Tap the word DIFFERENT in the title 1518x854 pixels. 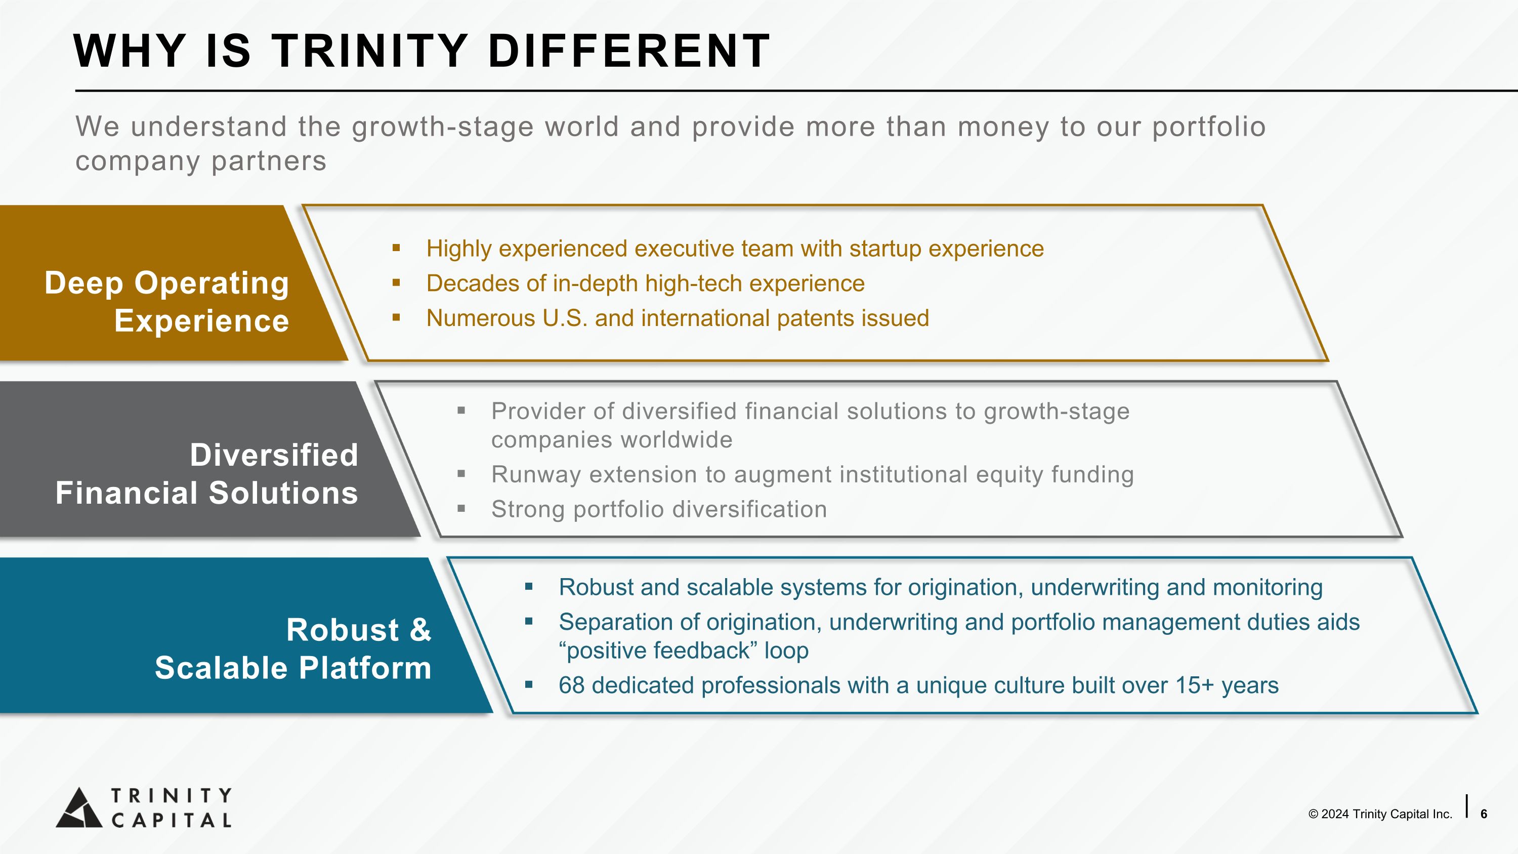(629, 51)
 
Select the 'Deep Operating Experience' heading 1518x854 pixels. (167, 302)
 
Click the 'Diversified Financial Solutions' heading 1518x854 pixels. (207, 474)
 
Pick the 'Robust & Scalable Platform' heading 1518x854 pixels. (293, 649)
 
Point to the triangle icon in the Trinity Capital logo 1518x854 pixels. (79, 807)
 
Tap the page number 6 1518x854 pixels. (1484, 814)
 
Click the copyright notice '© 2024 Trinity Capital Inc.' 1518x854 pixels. (1380, 814)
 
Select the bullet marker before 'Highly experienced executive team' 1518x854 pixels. (396, 248)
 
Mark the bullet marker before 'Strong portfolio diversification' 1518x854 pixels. (461, 509)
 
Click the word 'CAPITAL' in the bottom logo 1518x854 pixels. (172, 821)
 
